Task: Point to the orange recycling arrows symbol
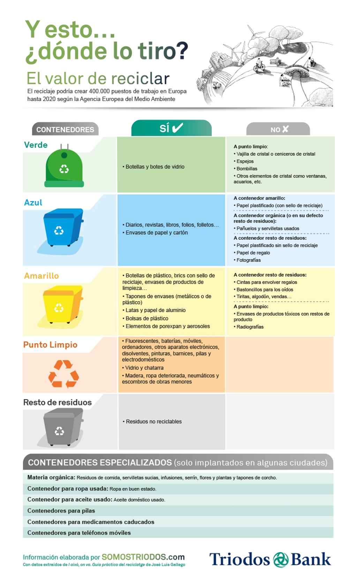coord(63,374)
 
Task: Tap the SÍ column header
coord(171,128)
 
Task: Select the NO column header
coord(278,129)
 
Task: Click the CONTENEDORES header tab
coord(65,130)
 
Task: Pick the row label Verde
coord(36,145)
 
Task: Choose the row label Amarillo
coord(41,276)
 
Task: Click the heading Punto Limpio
coord(50,345)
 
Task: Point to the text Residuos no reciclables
coord(153,421)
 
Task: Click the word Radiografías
coord(250,327)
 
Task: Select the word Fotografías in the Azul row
coord(248,260)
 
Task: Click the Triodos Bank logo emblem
coord(280,559)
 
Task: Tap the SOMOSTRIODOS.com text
coord(143,557)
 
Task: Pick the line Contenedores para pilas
coord(61,511)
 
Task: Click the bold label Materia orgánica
coord(51,478)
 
